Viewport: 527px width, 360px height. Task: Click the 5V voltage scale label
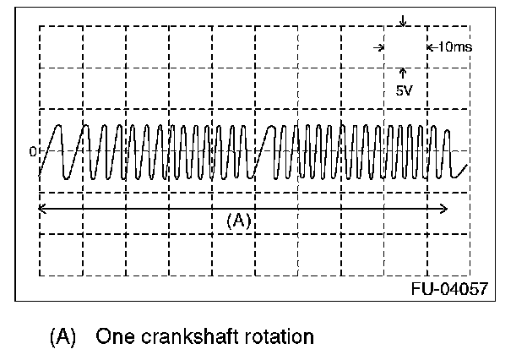404,90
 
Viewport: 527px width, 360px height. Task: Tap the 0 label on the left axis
34,152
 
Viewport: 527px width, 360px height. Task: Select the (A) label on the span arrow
240,220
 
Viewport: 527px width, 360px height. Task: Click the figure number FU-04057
448,288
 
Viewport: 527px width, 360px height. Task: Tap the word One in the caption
111,336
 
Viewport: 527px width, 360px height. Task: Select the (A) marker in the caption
63,336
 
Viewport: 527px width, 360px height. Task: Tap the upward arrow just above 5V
404,74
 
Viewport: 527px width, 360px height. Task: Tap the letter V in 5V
408,90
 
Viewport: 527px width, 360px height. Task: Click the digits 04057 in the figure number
462,288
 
